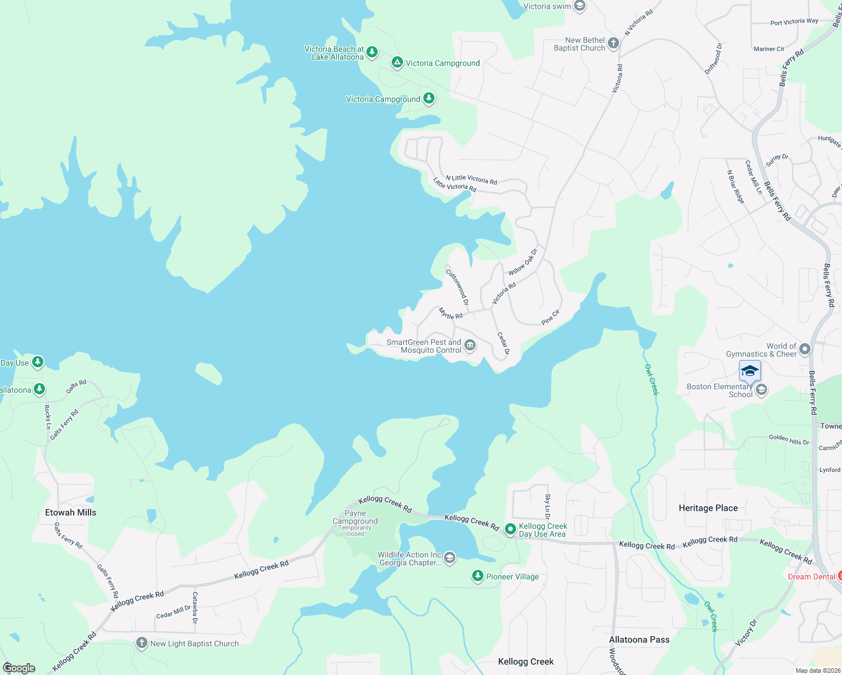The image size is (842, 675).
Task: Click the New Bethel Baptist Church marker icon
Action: tap(613, 43)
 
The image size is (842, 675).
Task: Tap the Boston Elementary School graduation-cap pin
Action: tap(750, 371)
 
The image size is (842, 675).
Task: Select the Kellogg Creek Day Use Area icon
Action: tap(510, 529)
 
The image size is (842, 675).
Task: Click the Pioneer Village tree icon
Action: tap(478, 576)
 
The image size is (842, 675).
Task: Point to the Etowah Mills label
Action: tap(70, 512)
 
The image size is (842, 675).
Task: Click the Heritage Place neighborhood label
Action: tap(708, 508)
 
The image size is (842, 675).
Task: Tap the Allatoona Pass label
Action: tap(639, 640)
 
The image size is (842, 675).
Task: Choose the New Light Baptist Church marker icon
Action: tap(142, 643)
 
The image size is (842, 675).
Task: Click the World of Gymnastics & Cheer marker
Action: tap(805, 349)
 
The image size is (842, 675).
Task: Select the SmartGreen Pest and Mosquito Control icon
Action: tap(470, 345)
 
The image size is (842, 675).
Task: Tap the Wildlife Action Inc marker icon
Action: tap(449, 558)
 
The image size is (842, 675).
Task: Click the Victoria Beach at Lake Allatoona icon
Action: tap(372, 52)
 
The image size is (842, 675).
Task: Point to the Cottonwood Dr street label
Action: tap(457, 287)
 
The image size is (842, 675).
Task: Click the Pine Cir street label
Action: tap(550, 317)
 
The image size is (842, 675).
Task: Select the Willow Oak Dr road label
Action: tap(523, 262)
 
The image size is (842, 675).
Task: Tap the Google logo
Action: tap(19, 668)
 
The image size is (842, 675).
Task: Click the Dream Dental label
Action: tap(811, 577)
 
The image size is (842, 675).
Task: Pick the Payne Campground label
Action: tap(355, 517)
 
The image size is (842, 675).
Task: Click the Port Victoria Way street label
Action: tap(794, 22)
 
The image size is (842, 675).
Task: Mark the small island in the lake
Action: tap(209, 373)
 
